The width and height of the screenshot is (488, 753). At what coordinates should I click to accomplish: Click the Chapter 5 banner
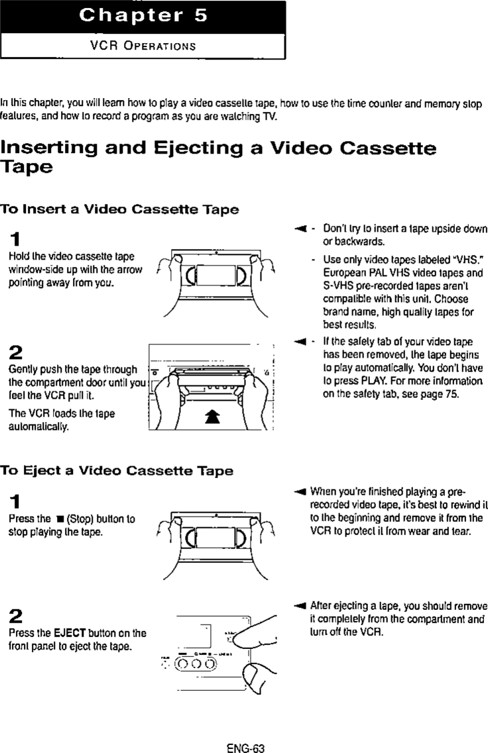coord(143,17)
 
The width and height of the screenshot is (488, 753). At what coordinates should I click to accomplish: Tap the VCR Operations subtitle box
coord(143,46)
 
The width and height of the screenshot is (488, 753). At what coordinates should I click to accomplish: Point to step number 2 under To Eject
coord(15,615)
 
